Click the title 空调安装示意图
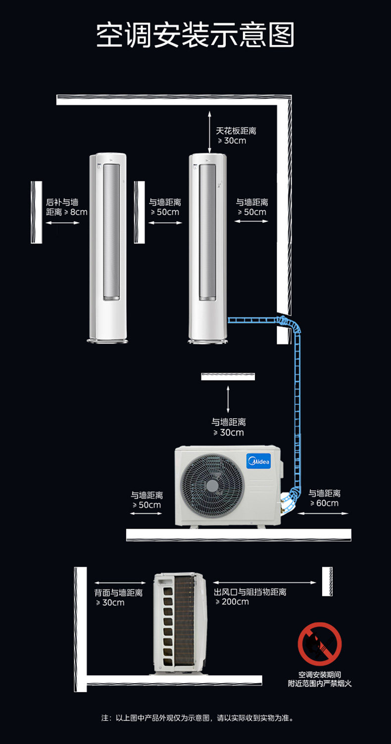[195, 35]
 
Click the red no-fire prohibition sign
[319, 644]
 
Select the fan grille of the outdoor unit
[212, 486]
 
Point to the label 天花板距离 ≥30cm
[236, 136]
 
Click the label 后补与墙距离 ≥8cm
[66, 207]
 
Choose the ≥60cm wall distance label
[325, 498]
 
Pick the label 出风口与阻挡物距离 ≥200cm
[250, 596]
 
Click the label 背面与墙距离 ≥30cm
[118, 597]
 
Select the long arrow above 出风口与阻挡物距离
[264, 583]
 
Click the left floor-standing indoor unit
[108, 248]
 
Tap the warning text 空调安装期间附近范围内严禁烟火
[319, 679]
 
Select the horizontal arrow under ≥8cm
[63, 223]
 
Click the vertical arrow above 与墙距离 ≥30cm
[228, 399]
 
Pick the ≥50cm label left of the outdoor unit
[147, 500]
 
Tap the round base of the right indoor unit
[208, 341]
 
